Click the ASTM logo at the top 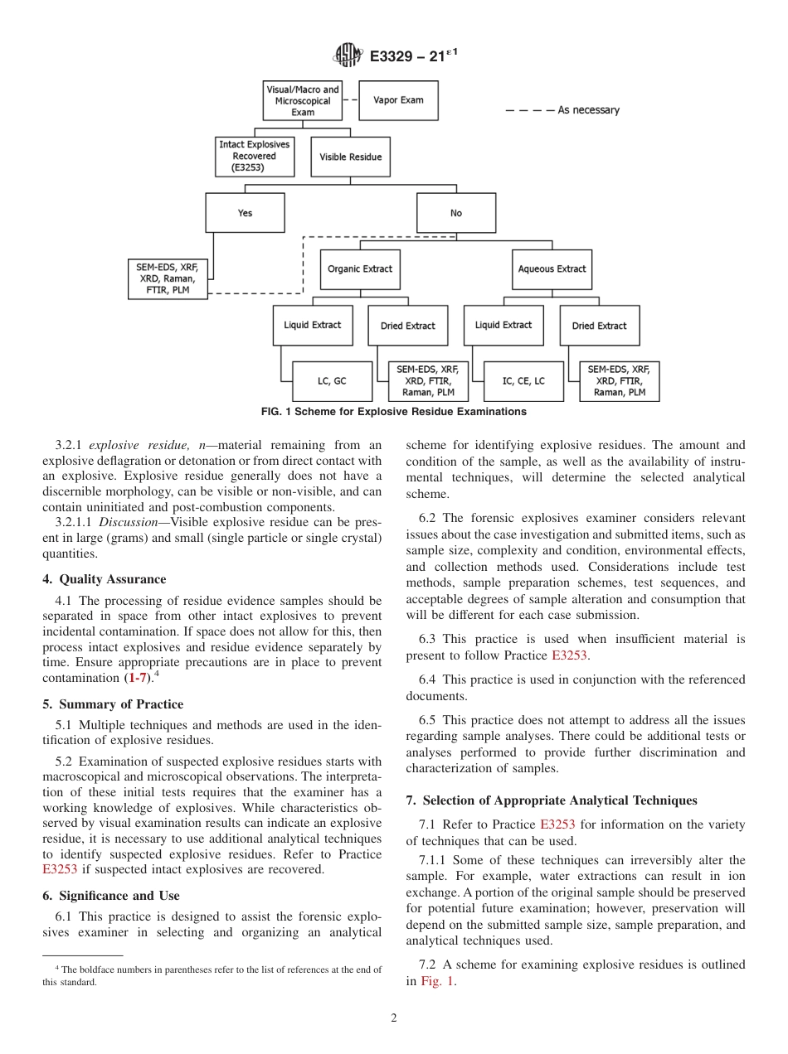coord(348,56)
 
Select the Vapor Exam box coord(398,100)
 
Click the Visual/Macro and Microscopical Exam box coord(303,100)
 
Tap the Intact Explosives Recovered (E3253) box coord(255,157)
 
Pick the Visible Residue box coord(350,157)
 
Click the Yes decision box coord(245,213)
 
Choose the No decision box coord(456,213)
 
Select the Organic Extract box coord(360,269)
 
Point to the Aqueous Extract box coord(552,269)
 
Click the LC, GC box coord(332,381)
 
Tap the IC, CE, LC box coord(523,381)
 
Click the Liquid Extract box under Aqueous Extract coord(503,325)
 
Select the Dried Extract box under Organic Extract coord(408,326)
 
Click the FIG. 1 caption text coord(393,412)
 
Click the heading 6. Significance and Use coord(110,896)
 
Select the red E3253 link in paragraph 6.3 coord(570,655)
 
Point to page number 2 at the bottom coord(394,1018)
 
